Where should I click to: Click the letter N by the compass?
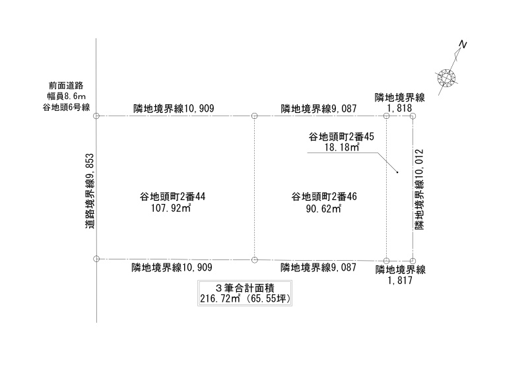coord(463,44)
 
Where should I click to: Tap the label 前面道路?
coord(66,85)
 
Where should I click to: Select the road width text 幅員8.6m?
coord(66,96)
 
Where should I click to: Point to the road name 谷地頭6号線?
coord(66,107)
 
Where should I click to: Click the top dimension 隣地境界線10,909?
coord(174,108)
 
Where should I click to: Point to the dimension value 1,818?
coord(400,108)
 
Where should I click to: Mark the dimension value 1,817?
coord(401,280)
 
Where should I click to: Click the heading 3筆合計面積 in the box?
coord(245,288)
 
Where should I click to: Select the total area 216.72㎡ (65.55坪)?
coord(245,299)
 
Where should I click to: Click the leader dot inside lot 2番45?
coord(397,173)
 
